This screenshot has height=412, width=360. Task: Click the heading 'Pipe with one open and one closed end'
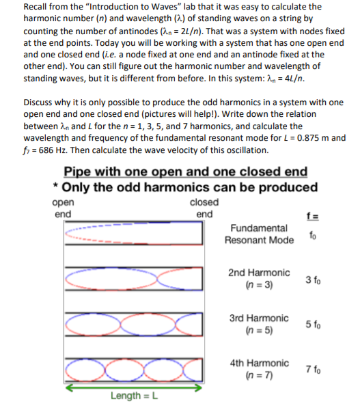click(184, 171)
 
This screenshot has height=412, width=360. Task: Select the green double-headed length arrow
click(134, 386)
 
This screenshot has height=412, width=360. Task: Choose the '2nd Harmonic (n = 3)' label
click(259, 278)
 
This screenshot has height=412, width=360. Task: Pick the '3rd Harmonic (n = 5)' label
click(259, 325)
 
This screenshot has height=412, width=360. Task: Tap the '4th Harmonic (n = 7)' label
click(259, 369)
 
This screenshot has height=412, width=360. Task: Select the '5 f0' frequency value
click(314, 325)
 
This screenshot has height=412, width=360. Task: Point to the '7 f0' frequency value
click(314, 370)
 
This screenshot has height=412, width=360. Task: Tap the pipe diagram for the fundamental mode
click(134, 234)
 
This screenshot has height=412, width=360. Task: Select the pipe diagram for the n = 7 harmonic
click(134, 370)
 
